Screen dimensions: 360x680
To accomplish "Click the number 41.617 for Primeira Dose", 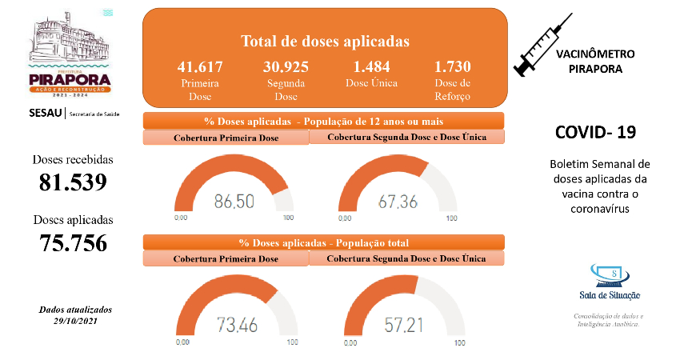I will (200, 66).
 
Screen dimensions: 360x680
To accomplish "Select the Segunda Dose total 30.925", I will (286, 66).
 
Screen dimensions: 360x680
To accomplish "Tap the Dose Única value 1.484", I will (368, 66).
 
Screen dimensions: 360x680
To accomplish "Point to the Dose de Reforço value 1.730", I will (453, 66).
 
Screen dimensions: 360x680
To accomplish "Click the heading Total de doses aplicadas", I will (325, 41).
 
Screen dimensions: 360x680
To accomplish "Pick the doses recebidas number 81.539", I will (73, 182).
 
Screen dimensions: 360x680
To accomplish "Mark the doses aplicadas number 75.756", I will (73, 242).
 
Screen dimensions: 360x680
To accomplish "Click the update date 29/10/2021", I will (75, 320).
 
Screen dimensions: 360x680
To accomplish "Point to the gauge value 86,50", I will (234, 201).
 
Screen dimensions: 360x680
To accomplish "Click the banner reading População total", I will (323, 242).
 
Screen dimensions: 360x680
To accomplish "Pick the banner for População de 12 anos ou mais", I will (323, 121).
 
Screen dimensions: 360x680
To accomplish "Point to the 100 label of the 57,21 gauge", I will (458, 342).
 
